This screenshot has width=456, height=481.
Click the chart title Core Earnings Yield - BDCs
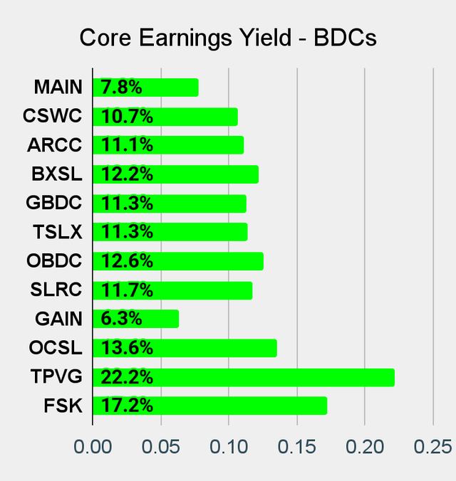(228, 38)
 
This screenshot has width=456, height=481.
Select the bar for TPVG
(243, 377)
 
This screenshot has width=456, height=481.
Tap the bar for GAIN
(135, 319)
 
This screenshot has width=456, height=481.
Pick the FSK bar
(209, 406)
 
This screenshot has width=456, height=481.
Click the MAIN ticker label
(58, 88)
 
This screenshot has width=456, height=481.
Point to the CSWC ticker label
(53, 116)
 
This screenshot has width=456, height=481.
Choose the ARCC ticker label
(55, 145)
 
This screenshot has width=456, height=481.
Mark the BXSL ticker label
(57, 174)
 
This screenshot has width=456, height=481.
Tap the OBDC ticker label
(55, 261)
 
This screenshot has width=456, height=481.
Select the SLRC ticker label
(56, 290)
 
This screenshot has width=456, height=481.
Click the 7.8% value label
(121, 88)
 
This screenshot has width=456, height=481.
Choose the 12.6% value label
(127, 261)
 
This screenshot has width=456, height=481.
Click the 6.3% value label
(121, 319)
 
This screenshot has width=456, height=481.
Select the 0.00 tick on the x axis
(93, 447)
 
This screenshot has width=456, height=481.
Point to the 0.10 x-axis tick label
(229, 447)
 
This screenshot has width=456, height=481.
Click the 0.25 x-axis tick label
(432, 447)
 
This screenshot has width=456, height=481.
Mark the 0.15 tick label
(296, 447)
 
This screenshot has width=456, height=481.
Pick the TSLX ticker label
(57, 232)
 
